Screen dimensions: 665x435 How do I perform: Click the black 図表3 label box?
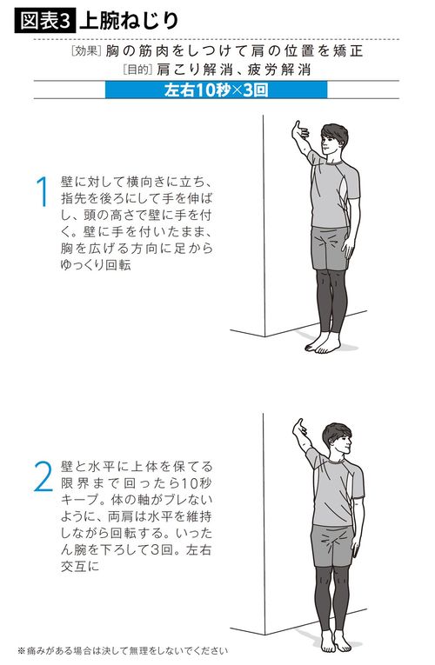[x=44, y=18]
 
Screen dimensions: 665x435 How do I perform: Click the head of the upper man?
[x=332, y=139]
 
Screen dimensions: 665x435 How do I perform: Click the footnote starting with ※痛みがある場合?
[x=122, y=650]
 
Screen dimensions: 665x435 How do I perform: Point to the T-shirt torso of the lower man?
[x=331, y=490]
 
